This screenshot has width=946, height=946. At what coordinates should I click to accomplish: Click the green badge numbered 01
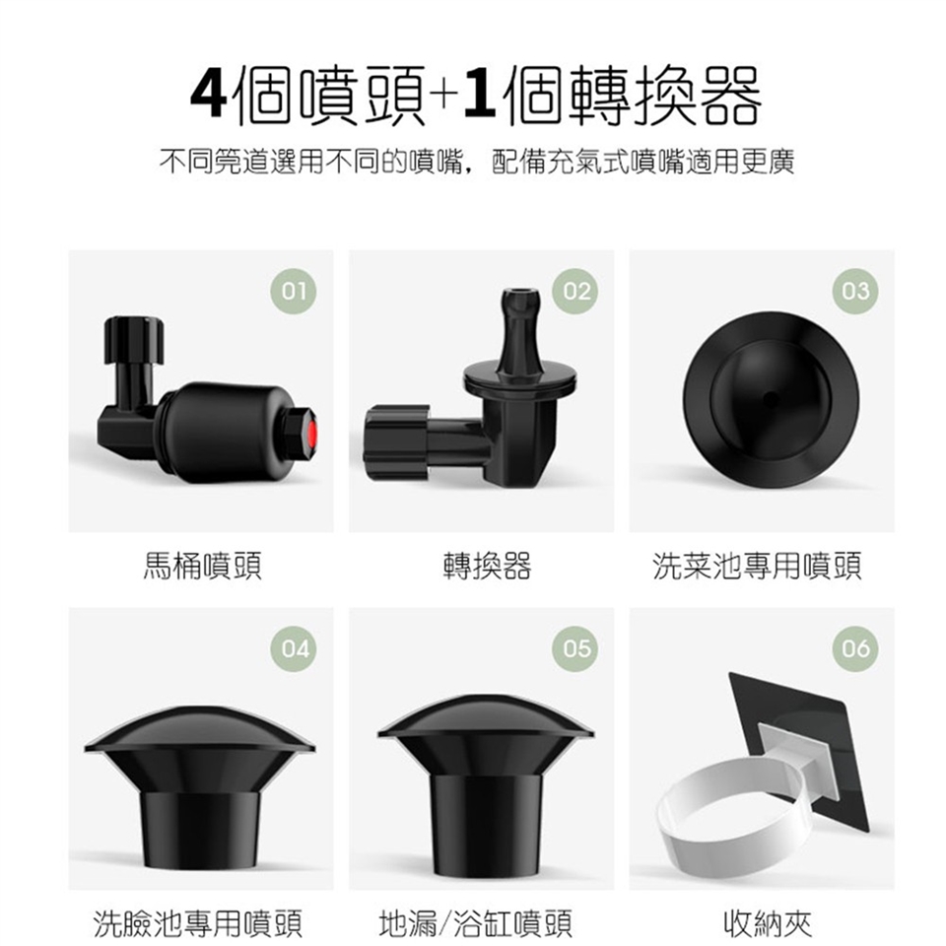294,292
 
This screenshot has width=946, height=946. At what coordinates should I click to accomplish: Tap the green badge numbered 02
575,292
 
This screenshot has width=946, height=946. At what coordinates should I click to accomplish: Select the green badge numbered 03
855,292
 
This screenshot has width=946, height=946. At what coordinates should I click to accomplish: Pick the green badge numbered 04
294,649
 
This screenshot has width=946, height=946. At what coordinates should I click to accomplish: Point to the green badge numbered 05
575,649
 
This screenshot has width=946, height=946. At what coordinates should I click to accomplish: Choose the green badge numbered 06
855,649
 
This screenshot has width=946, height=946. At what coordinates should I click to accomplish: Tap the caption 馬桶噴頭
202,566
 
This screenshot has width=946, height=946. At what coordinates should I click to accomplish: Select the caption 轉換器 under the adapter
487,566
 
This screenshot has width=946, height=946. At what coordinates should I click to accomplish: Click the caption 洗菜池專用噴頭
757,566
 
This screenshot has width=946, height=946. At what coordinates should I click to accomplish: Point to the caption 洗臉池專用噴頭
197,923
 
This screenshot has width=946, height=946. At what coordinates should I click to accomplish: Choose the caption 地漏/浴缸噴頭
476,923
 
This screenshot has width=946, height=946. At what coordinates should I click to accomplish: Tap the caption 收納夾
768,923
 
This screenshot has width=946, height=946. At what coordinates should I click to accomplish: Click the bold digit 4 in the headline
209,95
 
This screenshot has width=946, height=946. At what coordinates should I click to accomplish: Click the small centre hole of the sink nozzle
771,397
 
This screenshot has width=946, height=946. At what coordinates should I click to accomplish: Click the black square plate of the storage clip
845,724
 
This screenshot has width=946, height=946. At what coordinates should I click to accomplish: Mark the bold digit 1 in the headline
480,95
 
